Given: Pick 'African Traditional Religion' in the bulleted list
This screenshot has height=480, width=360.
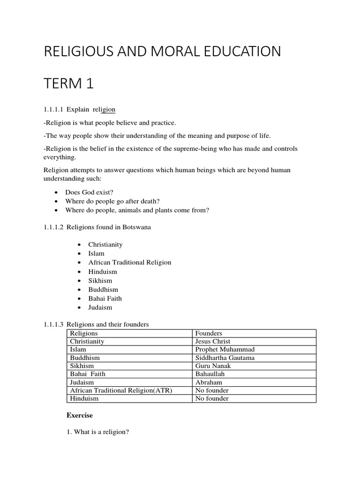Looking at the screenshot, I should [130, 262].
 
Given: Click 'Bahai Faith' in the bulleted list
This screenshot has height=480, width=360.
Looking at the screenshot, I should [105, 298].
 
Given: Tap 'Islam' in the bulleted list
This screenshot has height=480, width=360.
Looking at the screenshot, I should [97, 254].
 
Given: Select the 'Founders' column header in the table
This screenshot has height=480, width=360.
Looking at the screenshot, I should [209, 333].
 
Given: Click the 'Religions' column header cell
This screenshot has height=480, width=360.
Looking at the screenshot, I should [84, 333].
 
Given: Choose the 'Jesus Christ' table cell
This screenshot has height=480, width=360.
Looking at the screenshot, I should [213, 341].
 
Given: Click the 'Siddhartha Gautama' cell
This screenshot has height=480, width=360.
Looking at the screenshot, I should [225, 358].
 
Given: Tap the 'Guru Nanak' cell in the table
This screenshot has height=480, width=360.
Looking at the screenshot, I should [213, 366].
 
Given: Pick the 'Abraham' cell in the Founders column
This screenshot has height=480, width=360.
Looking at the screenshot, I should [209, 382].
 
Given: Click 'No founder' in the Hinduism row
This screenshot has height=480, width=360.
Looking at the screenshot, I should [212, 398].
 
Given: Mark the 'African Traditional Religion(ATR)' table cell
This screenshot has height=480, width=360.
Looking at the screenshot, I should [121, 390].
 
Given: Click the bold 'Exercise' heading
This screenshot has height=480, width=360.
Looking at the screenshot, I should [80, 415].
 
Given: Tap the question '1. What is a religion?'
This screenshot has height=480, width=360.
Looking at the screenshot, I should [98, 432].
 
